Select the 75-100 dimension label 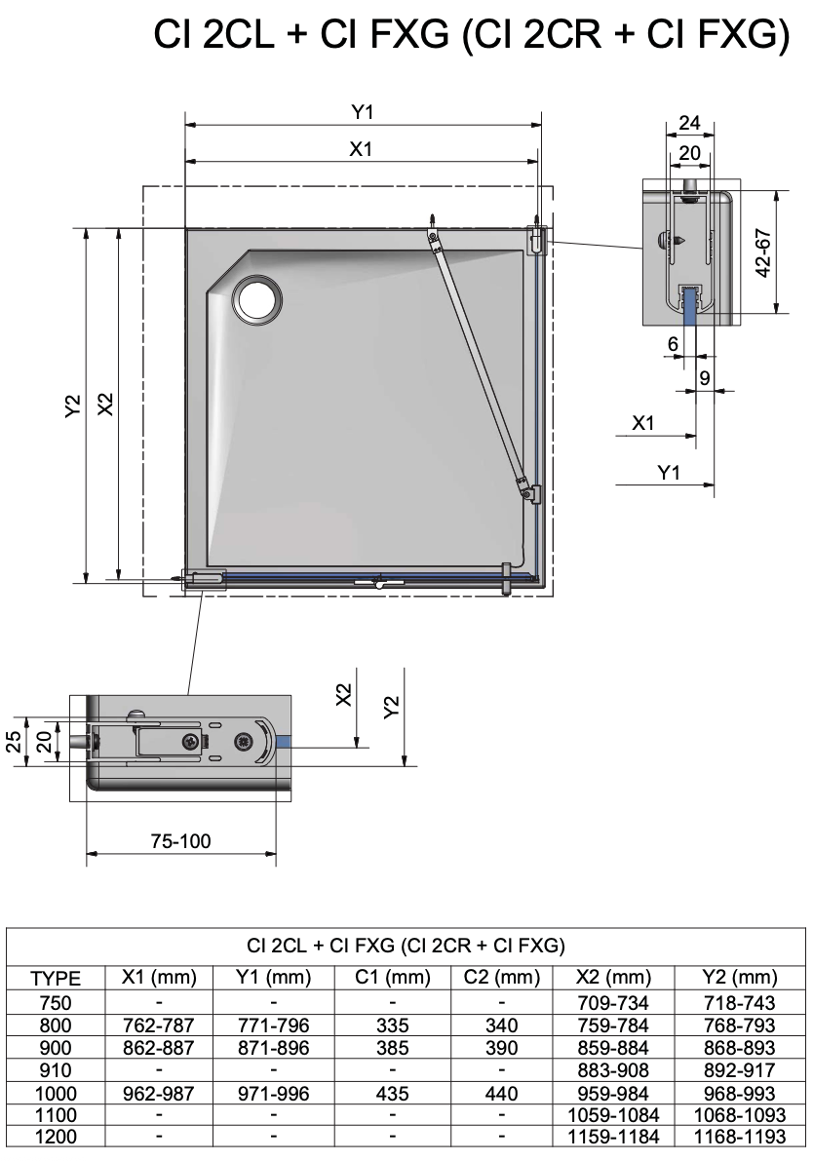point(180,841)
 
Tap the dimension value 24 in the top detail point(689,123)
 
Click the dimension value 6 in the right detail point(673,344)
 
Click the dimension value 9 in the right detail point(704,377)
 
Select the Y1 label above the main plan point(363,113)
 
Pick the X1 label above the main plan point(363,148)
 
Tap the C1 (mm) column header point(391,978)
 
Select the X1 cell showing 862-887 point(159,1048)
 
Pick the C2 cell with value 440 point(500,1094)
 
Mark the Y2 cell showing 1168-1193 point(741,1138)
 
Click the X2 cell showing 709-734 point(611,1002)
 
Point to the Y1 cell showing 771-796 point(274,1026)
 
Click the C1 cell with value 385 point(391,1048)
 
